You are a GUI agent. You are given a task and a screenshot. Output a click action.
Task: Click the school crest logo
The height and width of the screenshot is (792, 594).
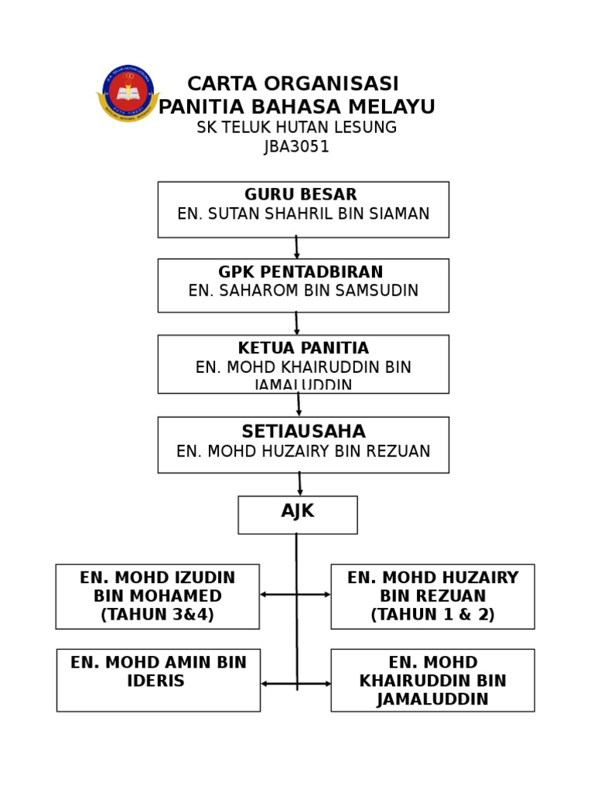click(128, 93)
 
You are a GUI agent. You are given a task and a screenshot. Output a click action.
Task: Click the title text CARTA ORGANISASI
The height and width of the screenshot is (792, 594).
click(293, 84)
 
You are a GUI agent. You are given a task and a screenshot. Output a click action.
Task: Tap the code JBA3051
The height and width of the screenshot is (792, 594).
click(297, 147)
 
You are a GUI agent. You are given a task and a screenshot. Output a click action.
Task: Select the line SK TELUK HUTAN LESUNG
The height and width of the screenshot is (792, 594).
click(297, 128)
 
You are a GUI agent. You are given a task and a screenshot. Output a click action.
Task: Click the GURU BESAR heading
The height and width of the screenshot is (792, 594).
click(301, 195)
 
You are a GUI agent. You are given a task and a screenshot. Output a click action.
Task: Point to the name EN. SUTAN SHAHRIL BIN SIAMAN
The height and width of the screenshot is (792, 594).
click(303, 214)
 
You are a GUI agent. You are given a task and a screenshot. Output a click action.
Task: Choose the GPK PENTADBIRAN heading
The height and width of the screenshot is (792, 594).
click(301, 272)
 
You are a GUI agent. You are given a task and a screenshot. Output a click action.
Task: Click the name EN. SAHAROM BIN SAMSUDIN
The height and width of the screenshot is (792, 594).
click(303, 291)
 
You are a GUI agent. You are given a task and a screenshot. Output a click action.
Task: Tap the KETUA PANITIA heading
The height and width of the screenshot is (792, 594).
click(303, 349)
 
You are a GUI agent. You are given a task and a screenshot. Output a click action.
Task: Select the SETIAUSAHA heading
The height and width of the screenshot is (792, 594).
click(303, 432)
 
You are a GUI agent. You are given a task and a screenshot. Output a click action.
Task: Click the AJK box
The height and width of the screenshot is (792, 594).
click(298, 514)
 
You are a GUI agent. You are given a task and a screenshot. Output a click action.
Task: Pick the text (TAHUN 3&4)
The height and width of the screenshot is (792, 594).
click(157, 615)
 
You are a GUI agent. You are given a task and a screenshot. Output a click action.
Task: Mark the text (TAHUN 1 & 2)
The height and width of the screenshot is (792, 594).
click(432, 615)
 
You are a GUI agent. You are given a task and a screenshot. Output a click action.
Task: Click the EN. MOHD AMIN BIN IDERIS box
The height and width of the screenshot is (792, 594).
click(159, 680)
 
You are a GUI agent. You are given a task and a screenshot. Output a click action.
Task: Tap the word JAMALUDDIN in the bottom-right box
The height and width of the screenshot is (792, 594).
click(432, 700)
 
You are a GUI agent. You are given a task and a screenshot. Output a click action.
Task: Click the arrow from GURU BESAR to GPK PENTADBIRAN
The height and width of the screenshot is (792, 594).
click(296, 247)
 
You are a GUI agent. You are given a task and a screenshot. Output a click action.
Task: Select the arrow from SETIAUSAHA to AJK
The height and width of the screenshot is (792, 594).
click(300, 484)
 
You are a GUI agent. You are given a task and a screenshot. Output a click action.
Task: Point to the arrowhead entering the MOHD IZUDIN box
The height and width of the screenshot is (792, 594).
click(264, 594)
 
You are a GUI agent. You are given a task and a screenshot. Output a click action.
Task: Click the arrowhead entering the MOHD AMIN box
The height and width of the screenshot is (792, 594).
click(265, 684)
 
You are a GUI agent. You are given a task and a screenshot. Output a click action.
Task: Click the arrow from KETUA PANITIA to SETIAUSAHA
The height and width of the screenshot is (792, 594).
click(299, 405)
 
